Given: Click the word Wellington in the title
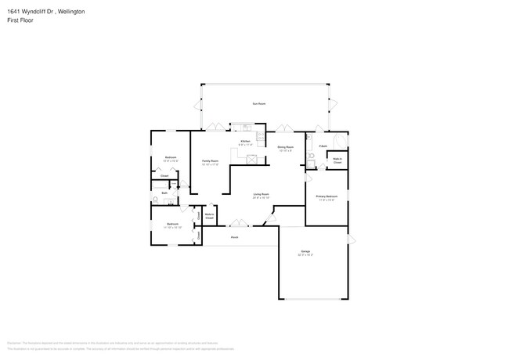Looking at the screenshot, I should [x=69, y=12].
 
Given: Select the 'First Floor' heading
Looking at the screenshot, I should [x=20, y=20].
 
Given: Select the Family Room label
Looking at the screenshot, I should [x=211, y=162].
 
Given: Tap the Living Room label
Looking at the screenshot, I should [x=261, y=196].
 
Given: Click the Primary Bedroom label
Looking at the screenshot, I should [x=326, y=197].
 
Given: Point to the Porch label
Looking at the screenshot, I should [x=233, y=236].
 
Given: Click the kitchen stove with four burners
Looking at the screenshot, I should [x=246, y=128].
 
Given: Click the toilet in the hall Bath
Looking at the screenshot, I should [x=157, y=200].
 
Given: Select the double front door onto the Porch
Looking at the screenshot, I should [x=234, y=223].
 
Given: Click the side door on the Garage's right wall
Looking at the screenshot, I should [x=349, y=239].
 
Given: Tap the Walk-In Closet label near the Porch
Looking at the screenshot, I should [x=210, y=215].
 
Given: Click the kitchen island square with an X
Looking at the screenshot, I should [x=253, y=159].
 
